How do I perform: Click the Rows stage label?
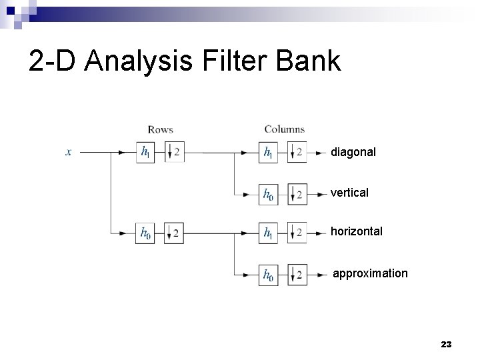click(x=160, y=129)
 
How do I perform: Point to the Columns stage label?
click(x=285, y=129)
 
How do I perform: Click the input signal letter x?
click(x=69, y=152)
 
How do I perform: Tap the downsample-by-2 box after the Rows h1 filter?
click(x=173, y=153)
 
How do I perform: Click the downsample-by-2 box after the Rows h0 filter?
click(x=173, y=233)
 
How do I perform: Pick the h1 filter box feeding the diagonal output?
click(x=268, y=153)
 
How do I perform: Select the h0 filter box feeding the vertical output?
click(x=268, y=194)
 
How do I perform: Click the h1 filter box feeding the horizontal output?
click(x=268, y=233)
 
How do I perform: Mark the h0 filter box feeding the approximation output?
click(x=268, y=274)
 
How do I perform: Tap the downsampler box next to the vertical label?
click(x=297, y=194)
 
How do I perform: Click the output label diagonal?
click(x=353, y=153)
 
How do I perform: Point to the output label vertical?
click(x=349, y=193)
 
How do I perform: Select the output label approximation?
click(x=370, y=273)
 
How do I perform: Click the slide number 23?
click(x=446, y=345)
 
